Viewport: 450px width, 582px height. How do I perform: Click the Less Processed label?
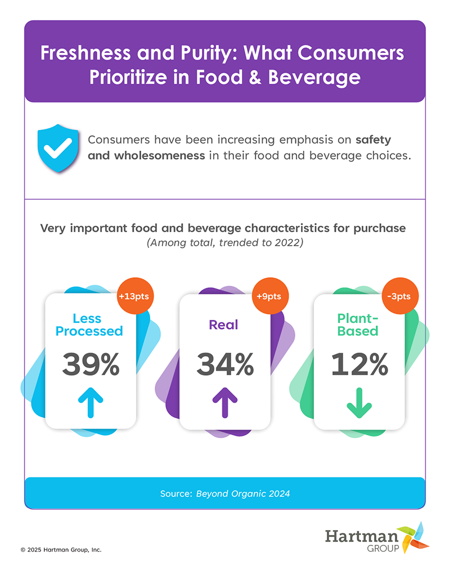[x=89, y=324]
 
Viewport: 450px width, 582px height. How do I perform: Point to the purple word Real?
[x=224, y=324]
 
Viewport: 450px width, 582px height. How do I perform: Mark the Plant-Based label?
[x=358, y=324]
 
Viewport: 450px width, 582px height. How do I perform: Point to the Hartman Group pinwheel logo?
[x=413, y=536]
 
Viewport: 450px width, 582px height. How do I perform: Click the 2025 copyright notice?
[x=61, y=550]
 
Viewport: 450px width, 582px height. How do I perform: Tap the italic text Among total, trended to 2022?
[x=224, y=243]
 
